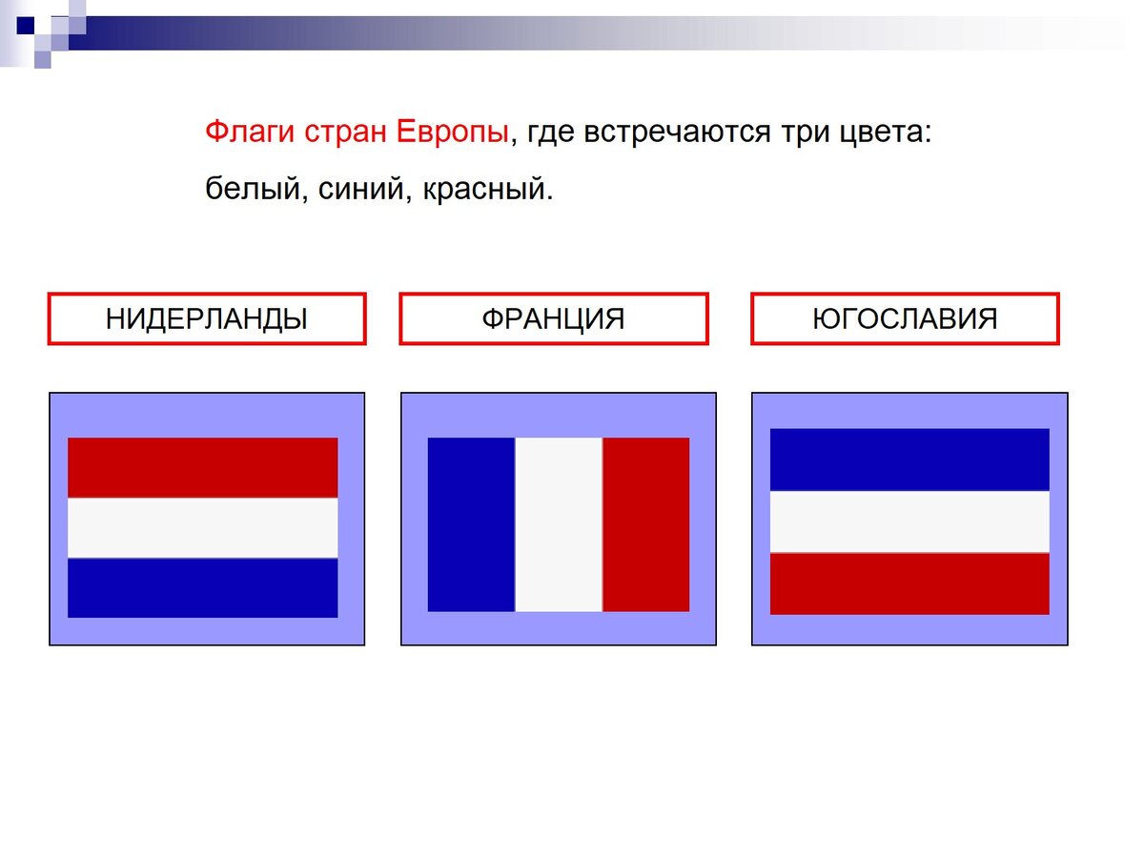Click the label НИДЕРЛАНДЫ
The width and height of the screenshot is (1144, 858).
click(x=207, y=318)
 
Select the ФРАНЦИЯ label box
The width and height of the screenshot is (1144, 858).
click(x=553, y=318)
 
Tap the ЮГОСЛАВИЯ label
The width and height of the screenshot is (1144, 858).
click(x=905, y=318)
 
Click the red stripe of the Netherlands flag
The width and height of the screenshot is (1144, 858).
click(x=202, y=467)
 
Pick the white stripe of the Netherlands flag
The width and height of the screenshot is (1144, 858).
click(x=202, y=527)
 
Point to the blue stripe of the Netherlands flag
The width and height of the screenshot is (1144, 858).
click(x=202, y=587)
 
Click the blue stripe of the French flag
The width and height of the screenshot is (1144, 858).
click(x=471, y=524)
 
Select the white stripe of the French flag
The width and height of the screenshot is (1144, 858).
click(x=559, y=524)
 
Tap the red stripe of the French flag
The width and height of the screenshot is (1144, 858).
click(x=645, y=524)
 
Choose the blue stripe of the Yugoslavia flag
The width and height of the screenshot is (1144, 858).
click(x=909, y=460)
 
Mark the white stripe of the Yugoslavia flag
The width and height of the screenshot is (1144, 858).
click(x=909, y=521)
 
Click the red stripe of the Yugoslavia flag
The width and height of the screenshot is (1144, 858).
click(x=909, y=583)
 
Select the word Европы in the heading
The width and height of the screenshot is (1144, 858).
click(x=450, y=132)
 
